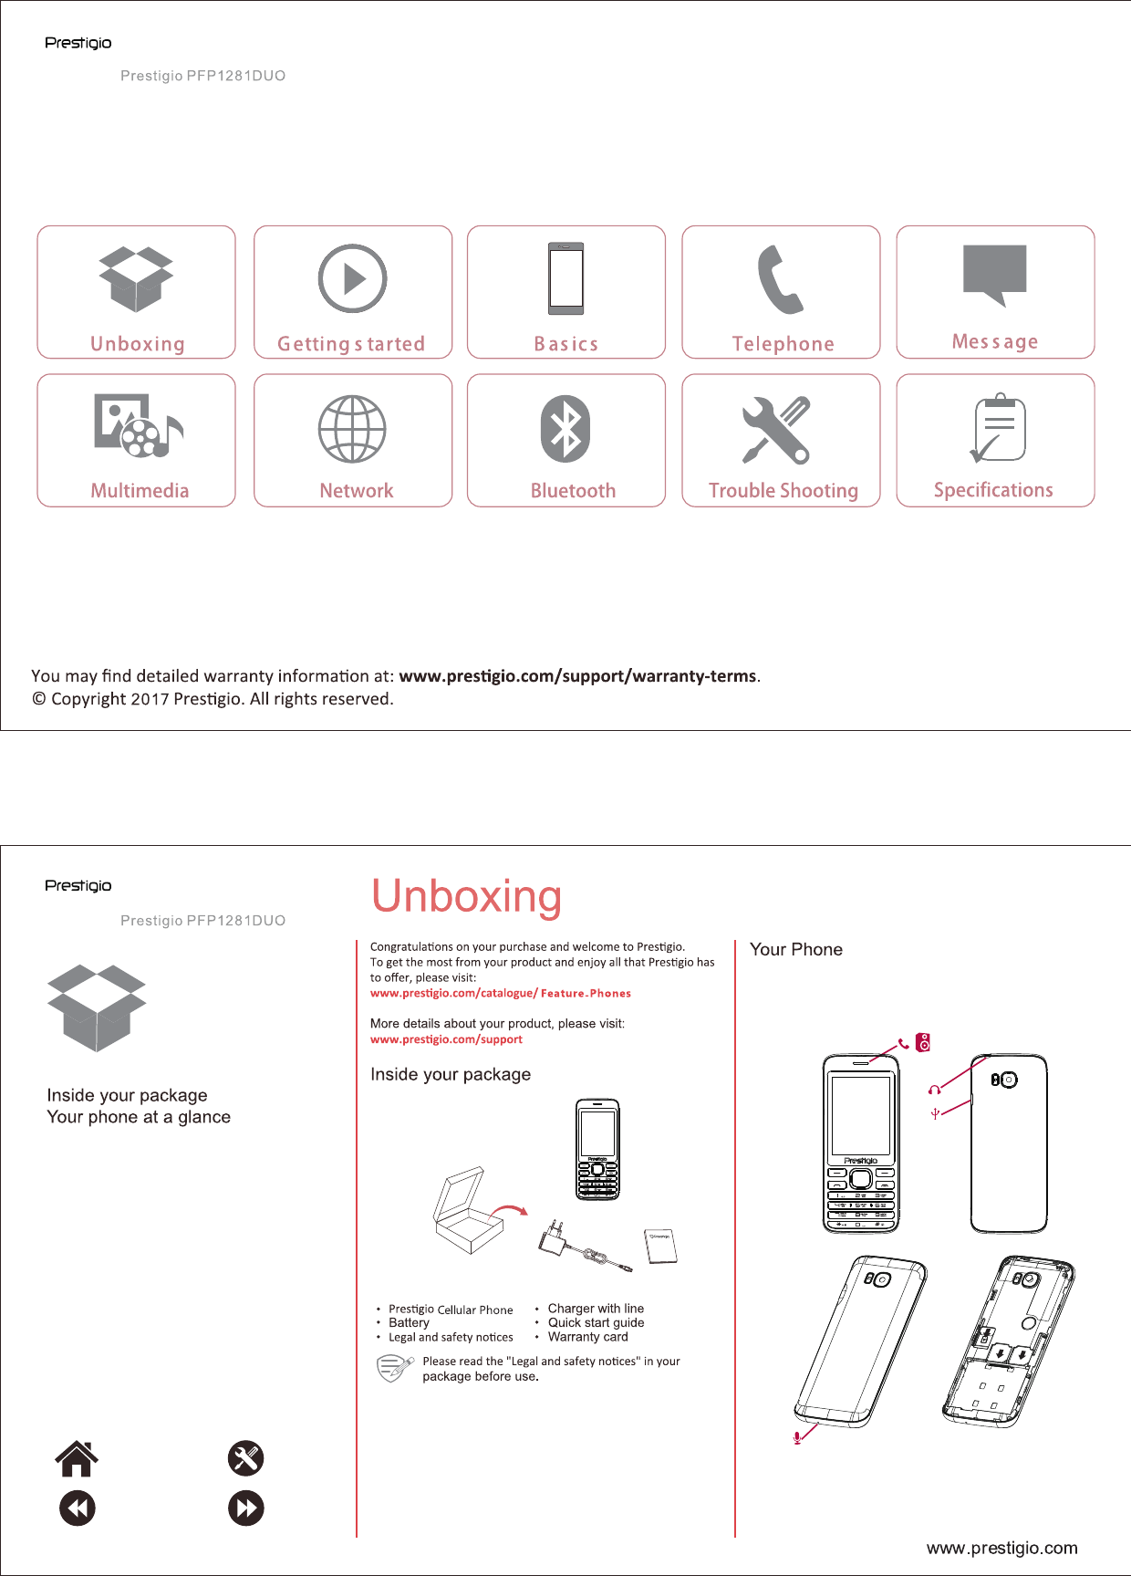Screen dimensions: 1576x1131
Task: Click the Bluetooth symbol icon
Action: pos(565,429)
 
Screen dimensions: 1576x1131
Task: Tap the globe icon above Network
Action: pos(352,429)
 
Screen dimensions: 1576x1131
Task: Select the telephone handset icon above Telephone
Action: pos(780,279)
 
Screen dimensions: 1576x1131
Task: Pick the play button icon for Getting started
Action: pos(352,278)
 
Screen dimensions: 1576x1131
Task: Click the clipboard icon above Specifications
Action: pos(998,429)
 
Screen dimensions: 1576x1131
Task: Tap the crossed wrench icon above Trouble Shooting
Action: pos(776,430)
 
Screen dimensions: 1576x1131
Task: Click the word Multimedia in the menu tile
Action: pos(140,491)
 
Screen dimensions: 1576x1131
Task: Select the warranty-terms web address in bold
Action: pos(577,676)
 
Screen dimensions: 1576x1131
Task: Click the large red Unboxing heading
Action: pos(466,896)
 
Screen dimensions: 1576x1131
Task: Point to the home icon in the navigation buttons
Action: pos(77,1458)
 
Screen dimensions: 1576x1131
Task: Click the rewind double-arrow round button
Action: pos(78,1508)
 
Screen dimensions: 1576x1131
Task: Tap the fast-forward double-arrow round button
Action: pos(246,1508)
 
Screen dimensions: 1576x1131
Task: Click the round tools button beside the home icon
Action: pos(246,1458)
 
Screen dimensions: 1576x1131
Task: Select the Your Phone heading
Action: pos(796,950)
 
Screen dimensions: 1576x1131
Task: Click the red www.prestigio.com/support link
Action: pos(446,1039)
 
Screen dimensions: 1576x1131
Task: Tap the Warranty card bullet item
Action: pos(587,1337)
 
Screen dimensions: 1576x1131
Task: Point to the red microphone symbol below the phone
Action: pos(798,1438)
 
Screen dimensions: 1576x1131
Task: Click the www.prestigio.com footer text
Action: pos(1001,1548)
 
